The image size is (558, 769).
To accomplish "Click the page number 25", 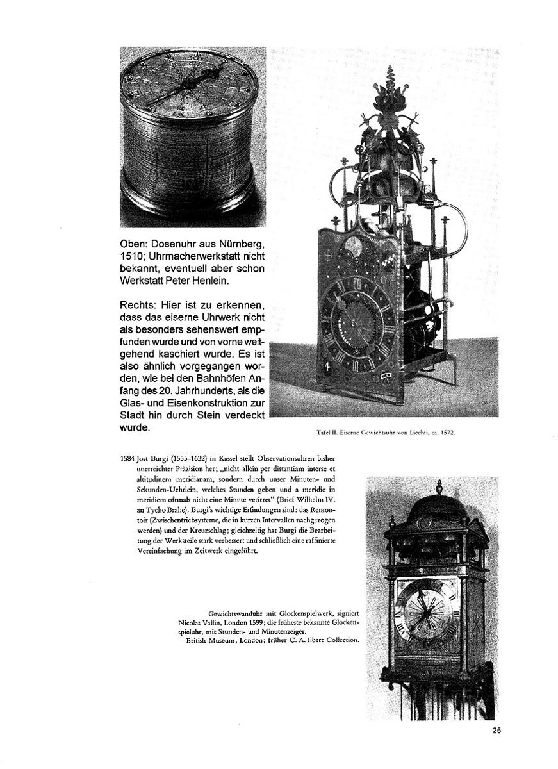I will tap(497, 730).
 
